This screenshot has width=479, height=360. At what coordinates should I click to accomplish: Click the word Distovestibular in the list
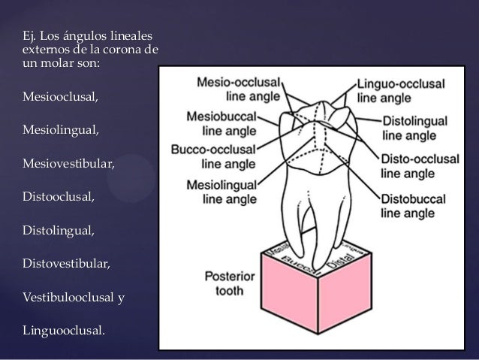pos(67,264)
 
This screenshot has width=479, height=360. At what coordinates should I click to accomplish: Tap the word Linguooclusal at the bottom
pos(65,331)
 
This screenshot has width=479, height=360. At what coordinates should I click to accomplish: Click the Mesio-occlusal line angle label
pos(238,88)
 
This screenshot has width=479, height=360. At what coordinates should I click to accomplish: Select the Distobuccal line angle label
pos(414,206)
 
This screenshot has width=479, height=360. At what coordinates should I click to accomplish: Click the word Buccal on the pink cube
pos(299,262)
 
